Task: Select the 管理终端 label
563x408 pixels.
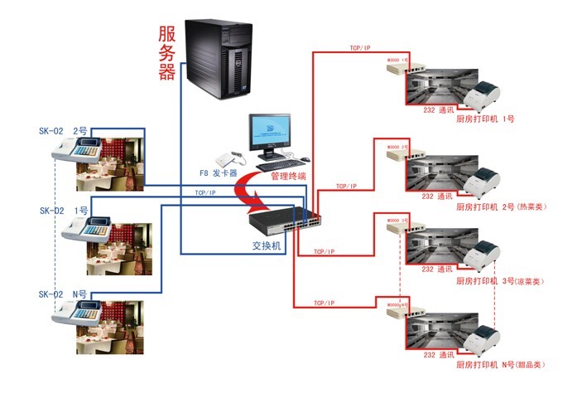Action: point(282,176)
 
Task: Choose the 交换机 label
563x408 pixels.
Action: point(267,246)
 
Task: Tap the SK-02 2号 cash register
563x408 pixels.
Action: point(75,152)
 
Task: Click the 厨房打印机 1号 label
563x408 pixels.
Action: point(485,119)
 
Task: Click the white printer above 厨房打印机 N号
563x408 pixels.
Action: point(483,339)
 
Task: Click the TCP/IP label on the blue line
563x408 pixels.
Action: point(206,192)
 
